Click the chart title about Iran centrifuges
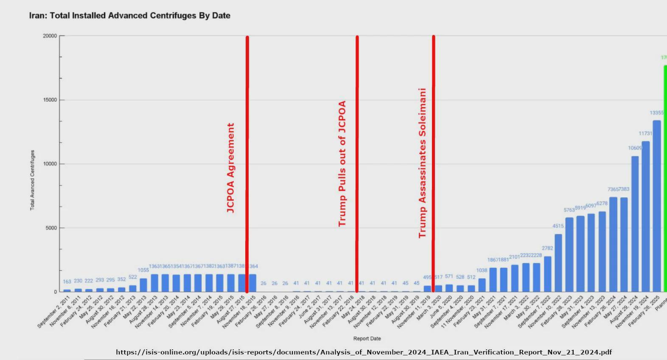129,16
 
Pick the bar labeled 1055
143,285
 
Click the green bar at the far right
665,178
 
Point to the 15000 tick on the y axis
50,100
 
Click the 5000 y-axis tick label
51,228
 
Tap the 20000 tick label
50,36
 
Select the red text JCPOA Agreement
230,168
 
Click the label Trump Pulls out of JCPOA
342,163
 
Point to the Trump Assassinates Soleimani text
422,163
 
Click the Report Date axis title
367,338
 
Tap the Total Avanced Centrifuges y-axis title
32,180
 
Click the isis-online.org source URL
364,352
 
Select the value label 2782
547,248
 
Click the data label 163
67,282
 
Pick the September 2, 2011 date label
54,312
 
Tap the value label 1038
482,270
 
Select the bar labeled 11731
645,217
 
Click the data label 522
133,277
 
